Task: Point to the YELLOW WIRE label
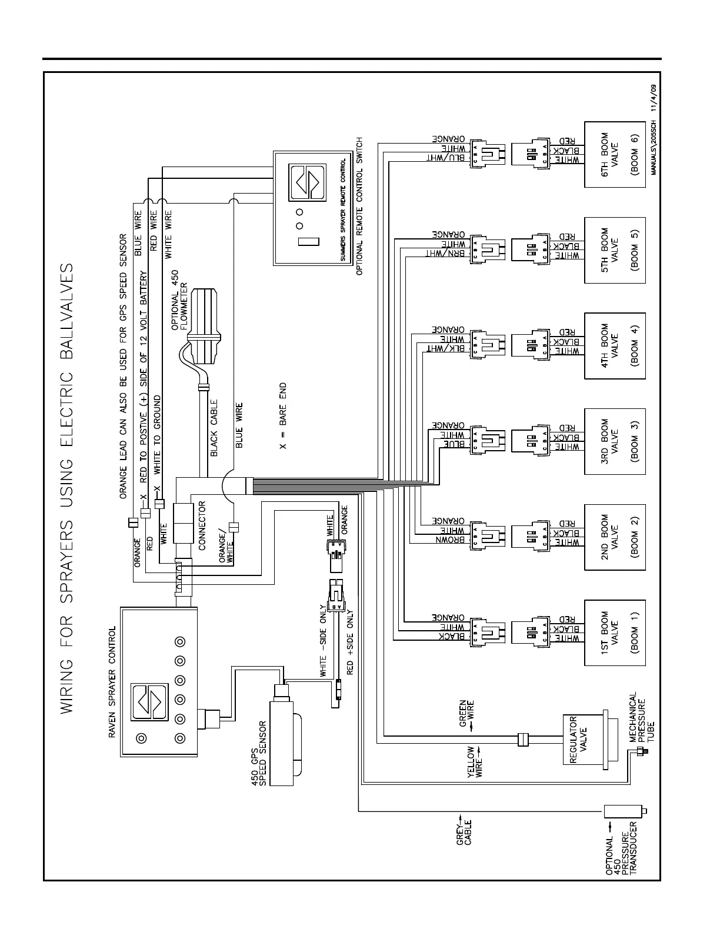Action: [x=475, y=763]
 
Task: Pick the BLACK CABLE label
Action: [x=214, y=428]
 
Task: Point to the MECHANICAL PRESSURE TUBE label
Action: [x=642, y=718]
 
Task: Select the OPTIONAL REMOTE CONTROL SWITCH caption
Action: [x=359, y=207]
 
